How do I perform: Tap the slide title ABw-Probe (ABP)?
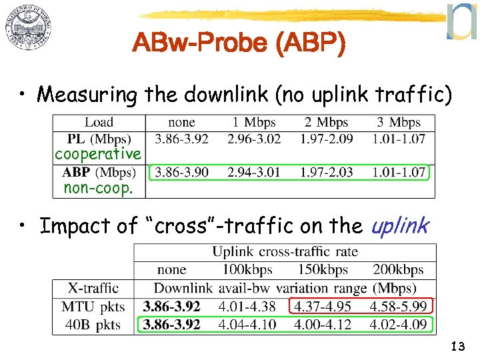[x=239, y=44]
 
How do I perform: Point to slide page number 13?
[x=457, y=346]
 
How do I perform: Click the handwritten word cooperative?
[x=98, y=155]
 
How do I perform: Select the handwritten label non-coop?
[x=98, y=189]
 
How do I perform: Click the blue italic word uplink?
[x=399, y=227]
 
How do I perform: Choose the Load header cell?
[x=99, y=123]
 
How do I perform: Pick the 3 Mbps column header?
[x=399, y=123]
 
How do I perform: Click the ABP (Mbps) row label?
[x=99, y=172]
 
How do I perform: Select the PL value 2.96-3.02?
[x=254, y=139]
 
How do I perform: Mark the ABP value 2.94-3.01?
[x=254, y=172]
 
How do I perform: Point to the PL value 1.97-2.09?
[x=327, y=139]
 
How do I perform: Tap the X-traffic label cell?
[x=93, y=288]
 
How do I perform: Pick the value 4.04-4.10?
[x=247, y=325]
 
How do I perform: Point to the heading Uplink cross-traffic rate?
[x=285, y=252]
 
